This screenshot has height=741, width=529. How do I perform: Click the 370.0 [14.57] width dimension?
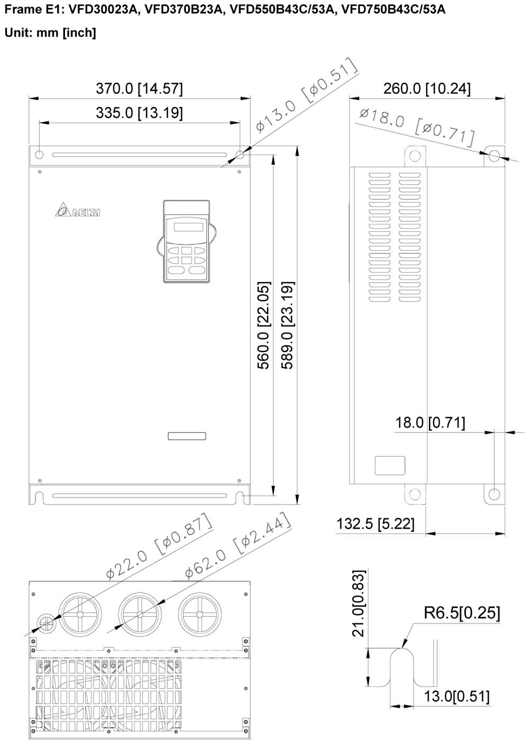(139, 89)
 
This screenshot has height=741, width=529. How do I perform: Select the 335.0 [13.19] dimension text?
(139, 113)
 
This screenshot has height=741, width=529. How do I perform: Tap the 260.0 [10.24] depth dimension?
(427, 89)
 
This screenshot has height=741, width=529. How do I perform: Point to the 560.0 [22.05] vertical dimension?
(264, 325)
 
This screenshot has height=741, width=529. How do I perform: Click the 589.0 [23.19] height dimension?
(287, 325)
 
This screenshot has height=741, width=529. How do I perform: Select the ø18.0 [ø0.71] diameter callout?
(417, 128)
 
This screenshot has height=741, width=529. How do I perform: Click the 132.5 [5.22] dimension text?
(375, 523)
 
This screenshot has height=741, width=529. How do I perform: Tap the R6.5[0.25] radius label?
(462, 612)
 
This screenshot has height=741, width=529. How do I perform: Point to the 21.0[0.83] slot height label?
(359, 603)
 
